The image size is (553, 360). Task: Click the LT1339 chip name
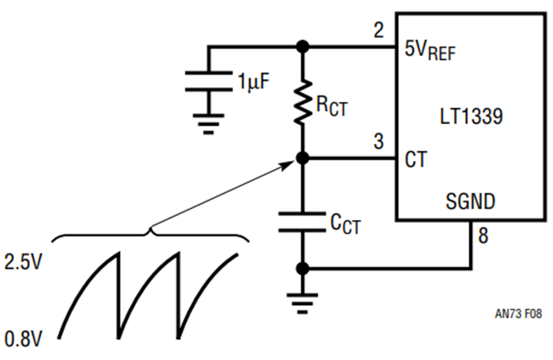tap(471, 116)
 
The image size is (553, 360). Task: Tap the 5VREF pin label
tap(430, 51)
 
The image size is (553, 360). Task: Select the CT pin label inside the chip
tap(416, 159)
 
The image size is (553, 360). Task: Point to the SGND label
tap(471, 202)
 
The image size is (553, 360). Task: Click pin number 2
tap(378, 30)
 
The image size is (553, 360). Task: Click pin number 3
tap(378, 141)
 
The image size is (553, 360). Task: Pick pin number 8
tap(483, 235)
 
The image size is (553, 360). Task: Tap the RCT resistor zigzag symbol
tap(302, 102)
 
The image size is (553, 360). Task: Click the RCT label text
tap(332, 106)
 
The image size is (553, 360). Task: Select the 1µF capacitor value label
tap(254, 82)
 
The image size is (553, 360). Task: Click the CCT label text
tap(345, 224)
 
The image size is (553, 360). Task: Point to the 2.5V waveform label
tap(23, 262)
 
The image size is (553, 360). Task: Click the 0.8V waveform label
tap(23, 339)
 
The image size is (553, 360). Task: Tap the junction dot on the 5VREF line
tap(302, 47)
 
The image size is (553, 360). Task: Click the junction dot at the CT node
tap(302, 158)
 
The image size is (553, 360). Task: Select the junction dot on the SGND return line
tap(302, 268)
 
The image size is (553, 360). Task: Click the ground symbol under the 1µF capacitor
tap(208, 123)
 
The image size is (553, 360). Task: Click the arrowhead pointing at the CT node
tap(289, 164)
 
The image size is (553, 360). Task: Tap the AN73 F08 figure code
tap(518, 313)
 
